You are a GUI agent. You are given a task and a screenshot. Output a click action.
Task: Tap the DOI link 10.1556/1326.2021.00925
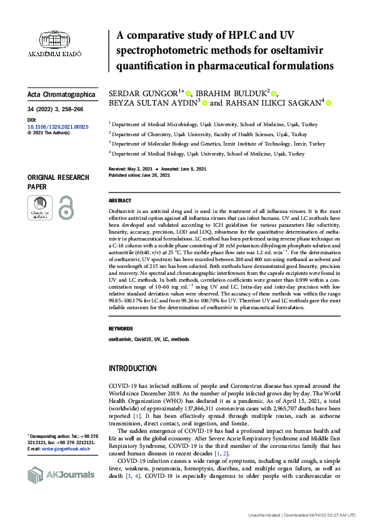(58, 127)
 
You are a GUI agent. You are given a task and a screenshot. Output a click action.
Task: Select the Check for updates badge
(40, 207)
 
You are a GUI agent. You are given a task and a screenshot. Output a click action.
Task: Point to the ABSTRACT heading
(120, 201)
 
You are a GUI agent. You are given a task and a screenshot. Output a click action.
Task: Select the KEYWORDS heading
(121, 328)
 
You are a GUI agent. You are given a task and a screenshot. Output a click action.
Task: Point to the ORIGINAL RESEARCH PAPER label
(54, 182)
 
